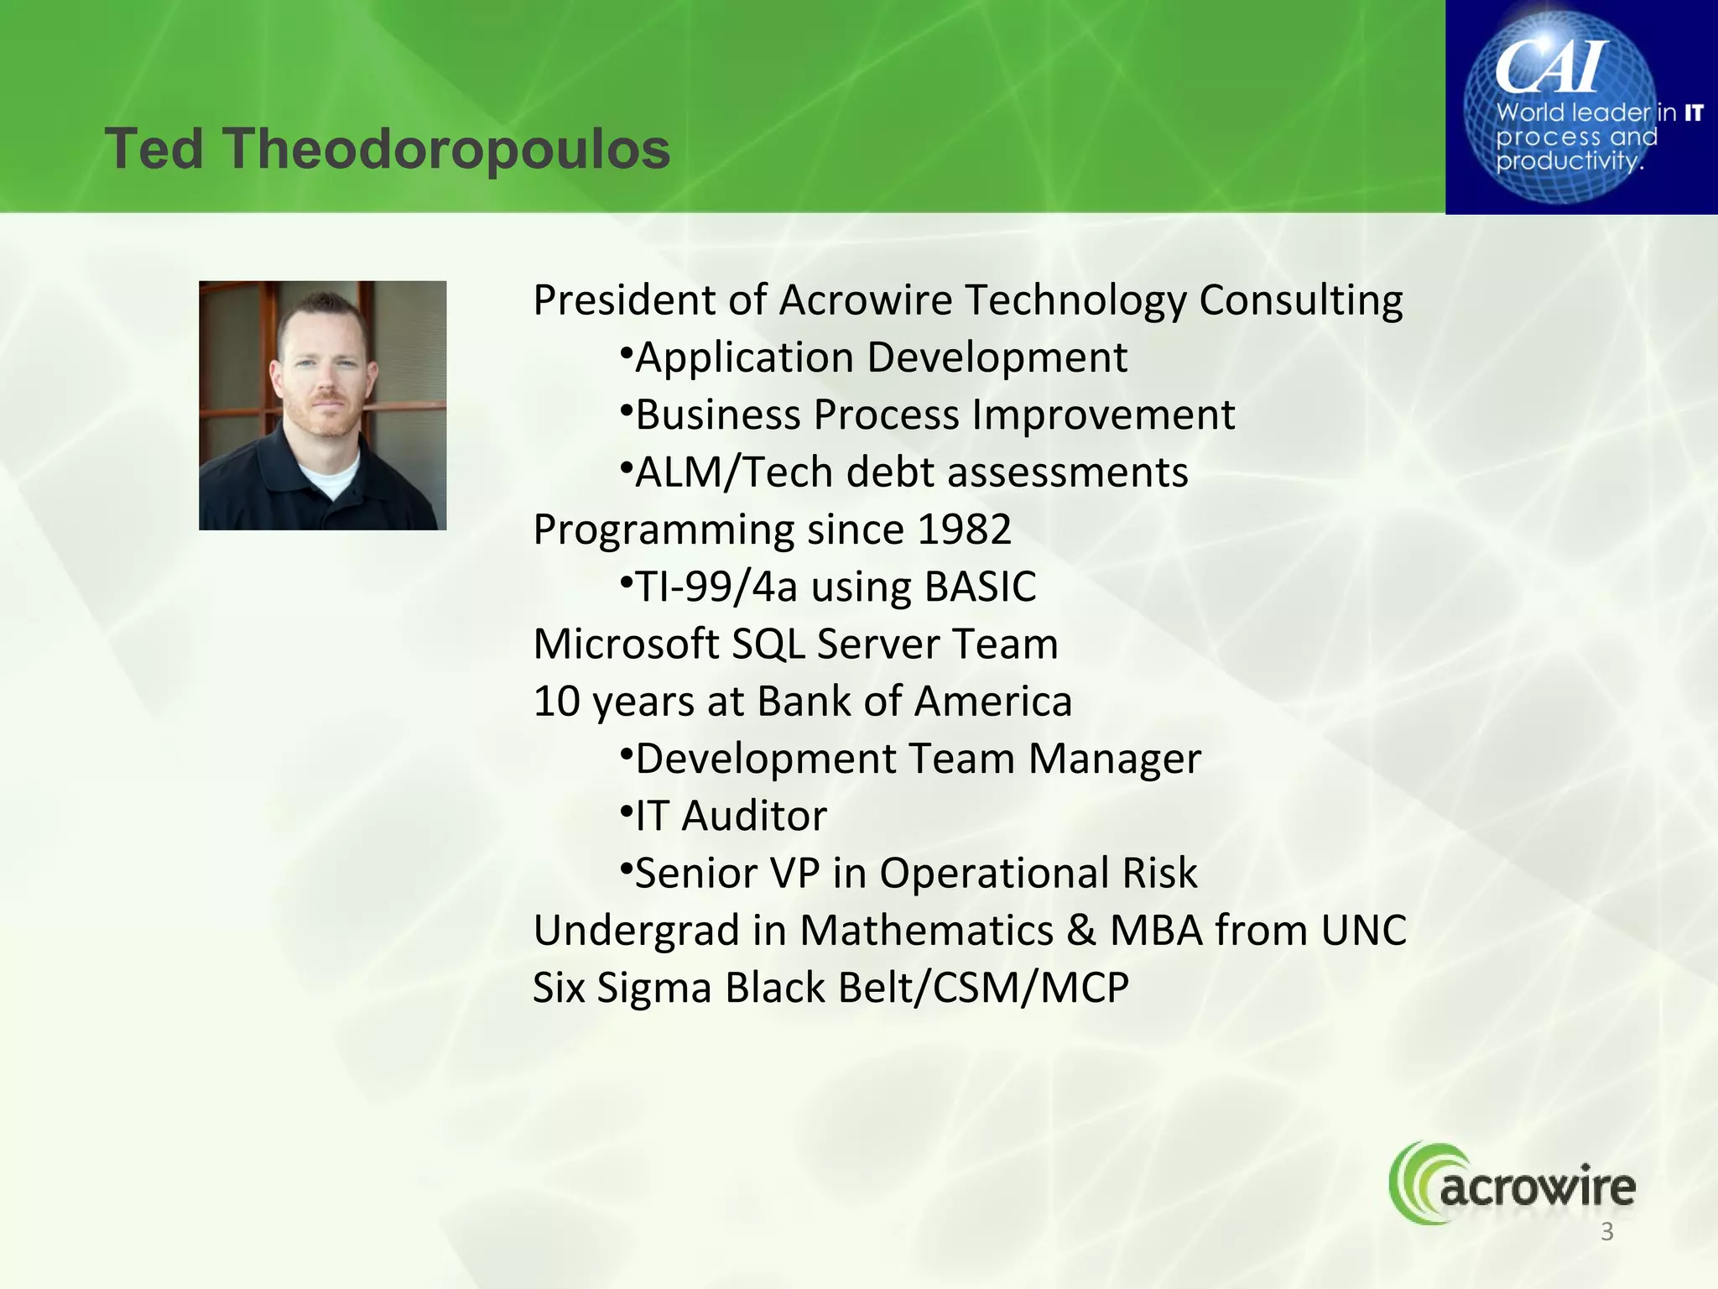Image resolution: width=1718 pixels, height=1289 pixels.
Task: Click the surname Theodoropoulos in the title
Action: click(446, 149)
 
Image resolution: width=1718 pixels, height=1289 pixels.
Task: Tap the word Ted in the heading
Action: click(154, 149)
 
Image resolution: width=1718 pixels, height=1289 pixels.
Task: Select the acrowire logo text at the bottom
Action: click(1537, 1188)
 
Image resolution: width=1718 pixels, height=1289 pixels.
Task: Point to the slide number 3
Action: click(1607, 1232)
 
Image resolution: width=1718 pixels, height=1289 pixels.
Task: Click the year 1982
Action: click(965, 530)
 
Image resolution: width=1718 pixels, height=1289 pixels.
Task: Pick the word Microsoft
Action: click(625, 644)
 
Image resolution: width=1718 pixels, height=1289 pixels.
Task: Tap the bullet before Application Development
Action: click(626, 352)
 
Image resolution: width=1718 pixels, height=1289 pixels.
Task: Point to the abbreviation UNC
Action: click(1363, 931)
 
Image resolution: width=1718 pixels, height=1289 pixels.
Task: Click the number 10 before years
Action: click(557, 702)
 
